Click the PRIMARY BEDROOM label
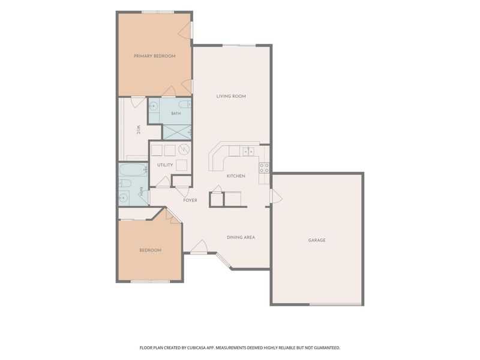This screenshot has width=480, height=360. pyautogui.click(x=155, y=56)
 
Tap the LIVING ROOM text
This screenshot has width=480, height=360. pyautogui.click(x=231, y=96)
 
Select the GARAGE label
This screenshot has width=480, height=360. pyautogui.click(x=317, y=241)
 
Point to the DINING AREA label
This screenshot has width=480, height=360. pyautogui.click(x=241, y=237)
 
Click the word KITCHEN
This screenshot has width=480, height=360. pyautogui.click(x=236, y=176)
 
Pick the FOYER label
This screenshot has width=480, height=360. pyautogui.click(x=190, y=200)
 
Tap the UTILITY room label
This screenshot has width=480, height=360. pyautogui.click(x=165, y=165)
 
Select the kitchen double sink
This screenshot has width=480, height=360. pyautogui.click(x=248, y=151)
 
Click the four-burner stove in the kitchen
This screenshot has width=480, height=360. pyautogui.click(x=264, y=168)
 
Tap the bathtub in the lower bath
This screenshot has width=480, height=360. pyautogui.click(x=133, y=169)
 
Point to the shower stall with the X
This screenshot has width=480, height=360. pyautogui.click(x=177, y=132)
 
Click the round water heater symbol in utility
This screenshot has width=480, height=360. pyautogui.click(x=184, y=149)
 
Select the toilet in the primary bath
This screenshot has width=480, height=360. pyautogui.click(x=185, y=104)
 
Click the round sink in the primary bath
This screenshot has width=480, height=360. pyautogui.click(x=154, y=106)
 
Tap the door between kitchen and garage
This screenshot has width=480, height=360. pyautogui.click(x=275, y=196)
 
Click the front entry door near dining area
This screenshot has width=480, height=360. pyautogui.click(x=199, y=247)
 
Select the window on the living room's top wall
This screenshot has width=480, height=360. pyautogui.click(x=239, y=46)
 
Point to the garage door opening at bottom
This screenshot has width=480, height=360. pyautogui.click(x=335, y=304)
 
